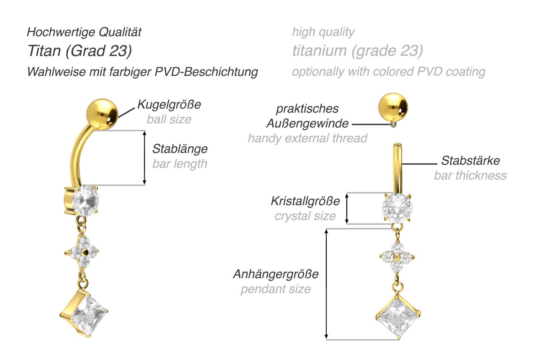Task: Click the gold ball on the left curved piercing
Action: tap(102, 114)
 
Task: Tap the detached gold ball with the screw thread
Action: tap(393, 108)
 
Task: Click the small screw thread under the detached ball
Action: tap(393, 125)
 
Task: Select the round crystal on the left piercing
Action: tap(85, 200)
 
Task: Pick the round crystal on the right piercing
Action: tap(397, 208)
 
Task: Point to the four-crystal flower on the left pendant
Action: tap(82, 252)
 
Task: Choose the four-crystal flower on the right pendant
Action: tap(397, 258)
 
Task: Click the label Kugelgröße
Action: tap(169, 105)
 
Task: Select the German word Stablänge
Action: tap(180, 149)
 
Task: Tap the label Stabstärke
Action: tap(470, 160)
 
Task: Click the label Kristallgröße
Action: tap(305, 201)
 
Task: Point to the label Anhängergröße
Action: tap(276, 274)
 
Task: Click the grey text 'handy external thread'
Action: tap(308, 138)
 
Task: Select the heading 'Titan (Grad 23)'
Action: tap(80, 51)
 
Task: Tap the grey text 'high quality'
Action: tap(323, 32)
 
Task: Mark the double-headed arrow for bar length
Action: tap(144, 158)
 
